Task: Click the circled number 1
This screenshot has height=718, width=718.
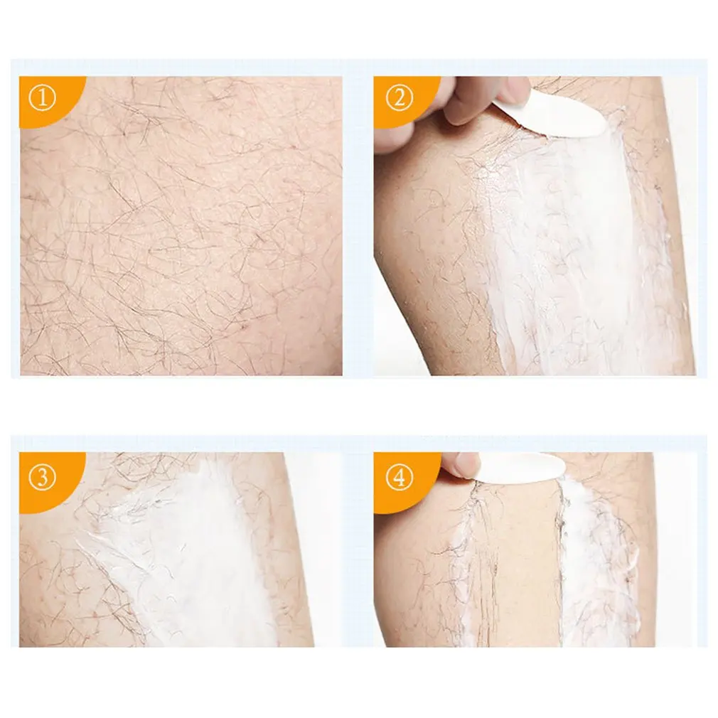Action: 43,99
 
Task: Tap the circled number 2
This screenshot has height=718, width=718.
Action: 399,99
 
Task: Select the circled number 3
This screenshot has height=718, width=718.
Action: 43,478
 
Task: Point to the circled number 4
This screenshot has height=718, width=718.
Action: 400,478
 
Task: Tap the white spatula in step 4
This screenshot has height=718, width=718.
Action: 523,466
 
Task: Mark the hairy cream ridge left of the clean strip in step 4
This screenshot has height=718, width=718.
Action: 469,569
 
